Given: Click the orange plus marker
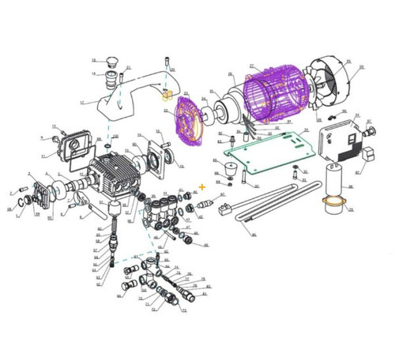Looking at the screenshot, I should pos(203,187).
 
